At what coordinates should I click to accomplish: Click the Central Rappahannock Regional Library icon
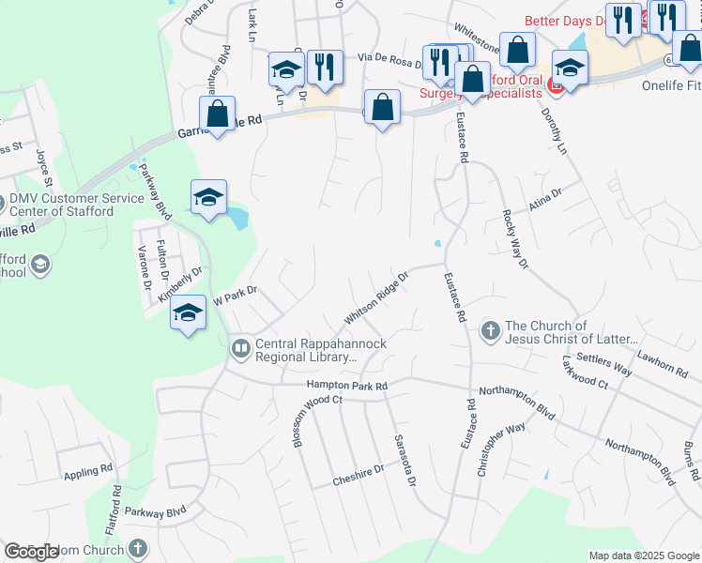[241, 350]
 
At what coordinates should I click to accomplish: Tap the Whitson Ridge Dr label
[377, 299]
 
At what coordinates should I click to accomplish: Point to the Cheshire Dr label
[359, 476]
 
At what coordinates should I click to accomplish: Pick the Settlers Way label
[604, 365]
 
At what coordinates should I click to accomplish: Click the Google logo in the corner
[32, 552]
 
